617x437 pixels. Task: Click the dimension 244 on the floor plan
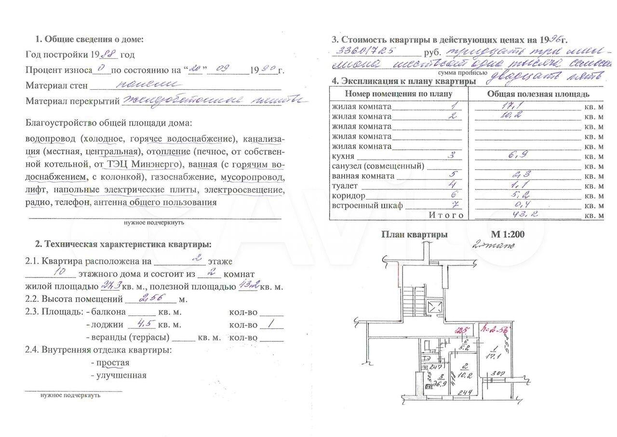(464, 392)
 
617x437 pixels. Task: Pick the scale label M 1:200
(508, 235)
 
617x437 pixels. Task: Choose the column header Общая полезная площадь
(538, 94)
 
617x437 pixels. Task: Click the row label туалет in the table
(345, 186)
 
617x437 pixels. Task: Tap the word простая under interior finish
(113, 363)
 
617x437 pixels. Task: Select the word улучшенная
(121, 375)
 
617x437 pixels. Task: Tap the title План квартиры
(414, 235)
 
